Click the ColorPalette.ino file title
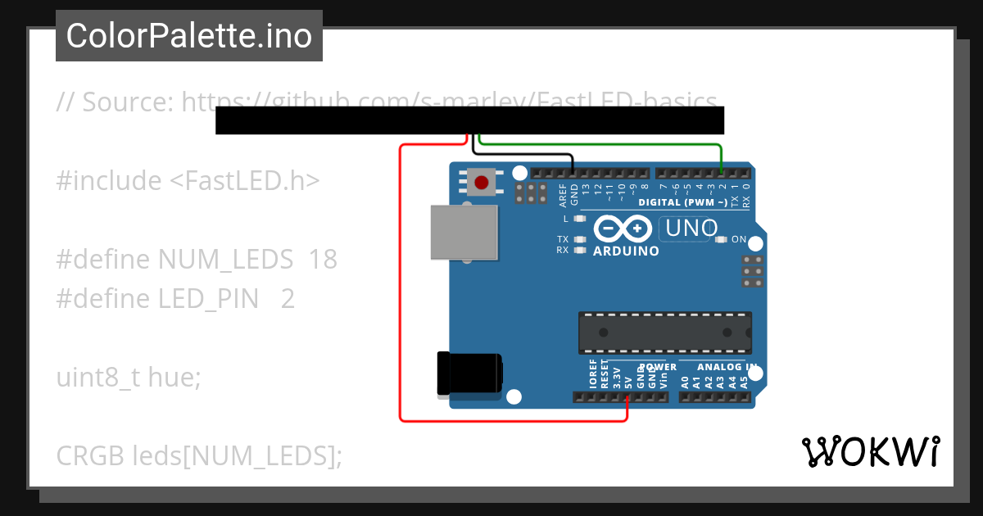[189, 36]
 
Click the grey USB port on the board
[464, 232]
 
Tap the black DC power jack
[468, 373]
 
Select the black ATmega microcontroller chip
[664, 332]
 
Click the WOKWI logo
[870, 451]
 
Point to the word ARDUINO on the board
[626, 251]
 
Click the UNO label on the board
[691, 229]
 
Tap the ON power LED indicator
[721, 240]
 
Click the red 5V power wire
[401, 287]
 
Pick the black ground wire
[524, 154]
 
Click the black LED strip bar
[469, 120]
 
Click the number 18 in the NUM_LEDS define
[324, 260]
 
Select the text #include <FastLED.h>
[188, 181]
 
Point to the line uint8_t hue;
[128, 378]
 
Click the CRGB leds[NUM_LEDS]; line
[199, 456]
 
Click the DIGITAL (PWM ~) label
[682, 201]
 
